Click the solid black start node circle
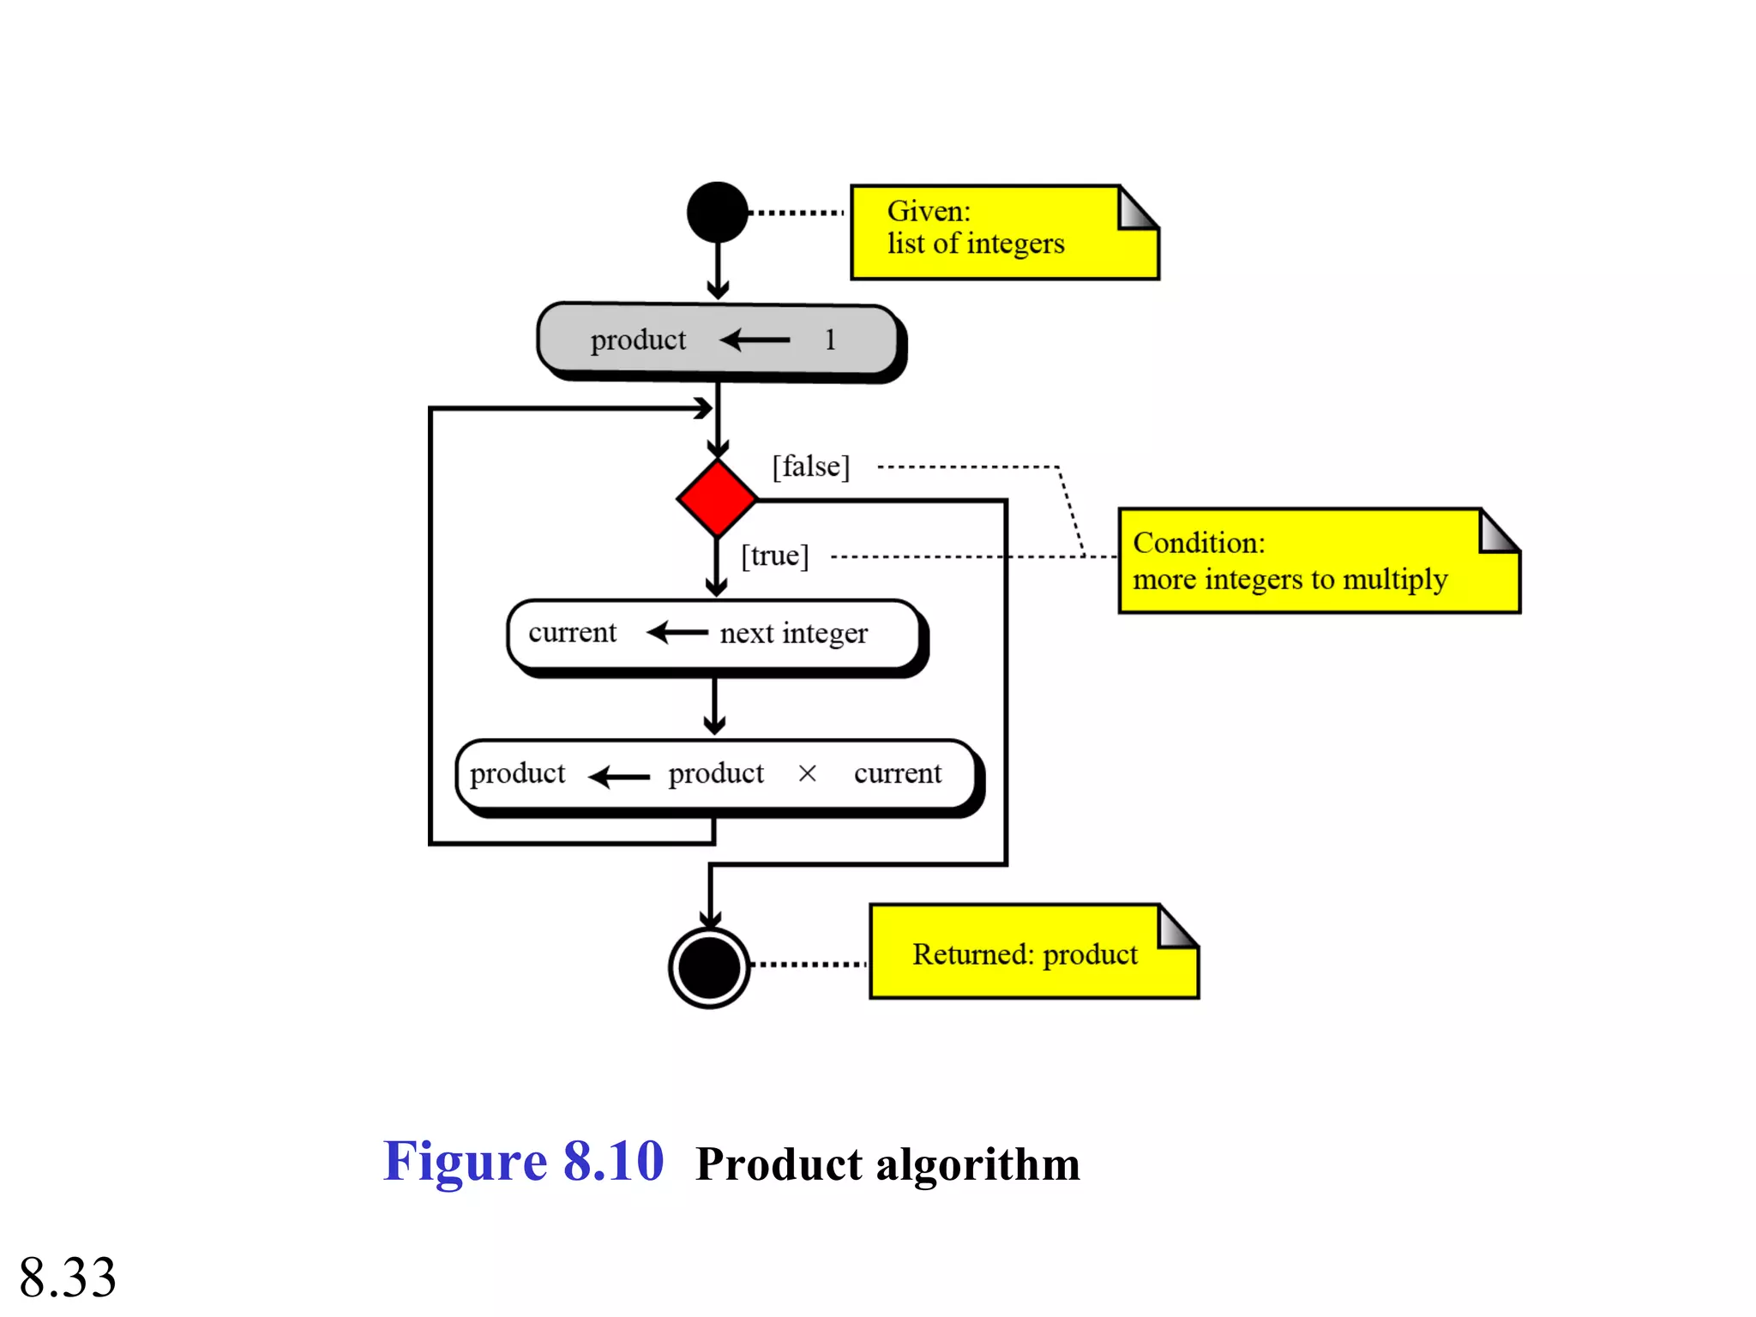[x=718, y=212]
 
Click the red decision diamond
[x=717, y=498]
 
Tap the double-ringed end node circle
[x=709, y=967]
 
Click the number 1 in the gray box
[x=829, y=340]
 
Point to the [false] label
[x=810, y=466]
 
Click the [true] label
[x=774, y=556]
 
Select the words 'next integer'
[x=793, y=634]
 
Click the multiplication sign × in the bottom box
[x=807, y=773]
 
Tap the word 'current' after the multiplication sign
[x=897, y=773]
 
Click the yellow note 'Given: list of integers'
[x=1003, y=232]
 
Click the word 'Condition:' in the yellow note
[x=1199, y=543]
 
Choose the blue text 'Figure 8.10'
[x=523, y=1162]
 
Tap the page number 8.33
[x=68, y=1277]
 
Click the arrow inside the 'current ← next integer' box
[x=677, y=633]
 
